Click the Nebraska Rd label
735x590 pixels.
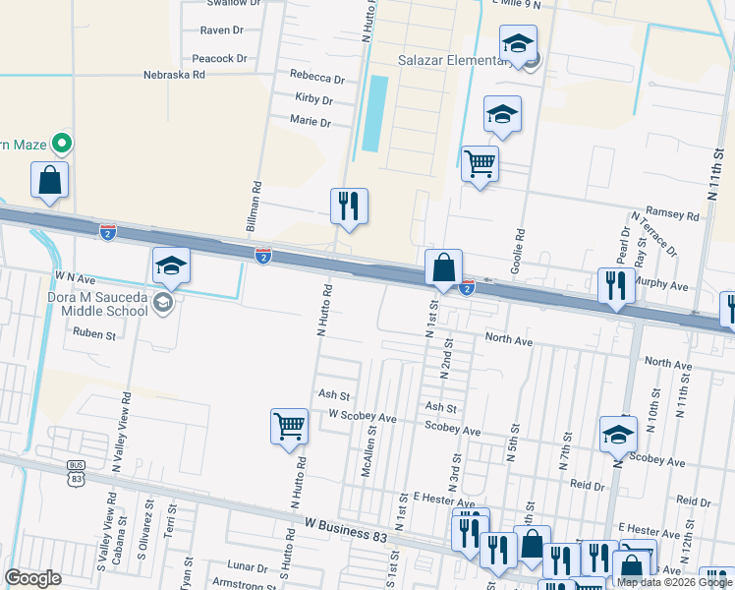pyautogui.click(x=174, y=74)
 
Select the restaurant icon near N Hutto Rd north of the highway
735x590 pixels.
pyautogui.click(x=349, y=206)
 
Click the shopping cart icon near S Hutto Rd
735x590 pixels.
pyautogui.click(x=289, y=427)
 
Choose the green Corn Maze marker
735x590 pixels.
pyautogui.click(x=61, y=145)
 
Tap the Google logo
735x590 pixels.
pyautogui.click(x=33, y=577)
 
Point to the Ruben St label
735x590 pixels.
pyautogui.click(x=94, y=334)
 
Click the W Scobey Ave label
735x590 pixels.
pyautogui.click(x=363, y=417)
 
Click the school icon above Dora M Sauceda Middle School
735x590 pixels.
pyautogui.click(x=171, y=265)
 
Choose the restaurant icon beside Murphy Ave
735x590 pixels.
pyautogui.click(x=616, y=286)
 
